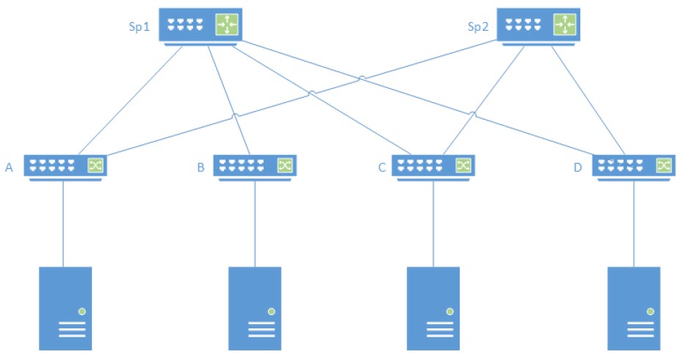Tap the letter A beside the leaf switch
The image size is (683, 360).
click(x=10, y=168)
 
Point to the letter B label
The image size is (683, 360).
click(x=200, y=168)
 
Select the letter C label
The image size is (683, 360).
click(x=381, y=168)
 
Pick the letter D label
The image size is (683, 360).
click(x=577, y=168)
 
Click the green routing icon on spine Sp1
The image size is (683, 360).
click(x=225, y=26)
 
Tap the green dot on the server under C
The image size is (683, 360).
click(x=449, y=312)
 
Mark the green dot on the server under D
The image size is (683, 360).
click(x=650, y=312)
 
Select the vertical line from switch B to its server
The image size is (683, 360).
click(x=255, y=220)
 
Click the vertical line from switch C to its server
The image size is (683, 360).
click(x=433, y=220)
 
